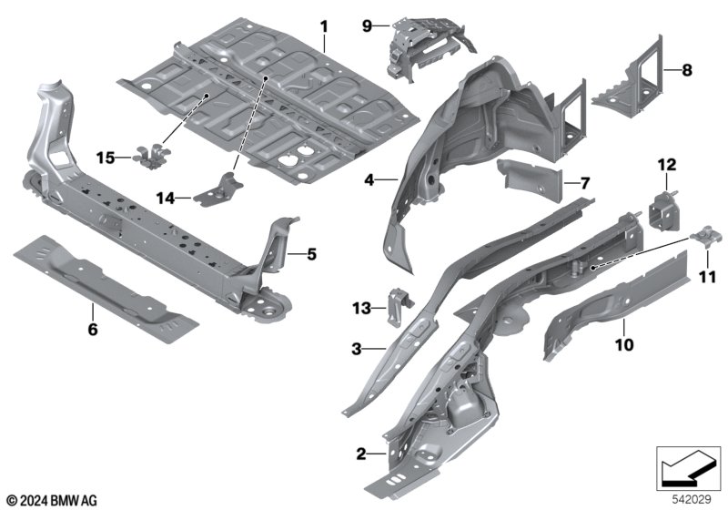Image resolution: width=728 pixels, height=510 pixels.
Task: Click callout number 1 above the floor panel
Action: (x=323, y=26)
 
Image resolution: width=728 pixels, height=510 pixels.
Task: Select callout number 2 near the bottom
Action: (x=361, y=453)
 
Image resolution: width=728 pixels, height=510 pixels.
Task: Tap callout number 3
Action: (x=358, y=348)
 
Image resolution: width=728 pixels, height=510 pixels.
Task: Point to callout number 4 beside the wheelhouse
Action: (x=369, y=180)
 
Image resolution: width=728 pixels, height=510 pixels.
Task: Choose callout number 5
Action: (x=310, y=254)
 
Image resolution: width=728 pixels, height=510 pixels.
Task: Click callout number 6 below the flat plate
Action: (x=91, y=330)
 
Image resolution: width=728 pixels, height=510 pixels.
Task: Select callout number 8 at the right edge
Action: (x=687, y=69)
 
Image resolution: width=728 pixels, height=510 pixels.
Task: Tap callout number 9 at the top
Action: (x=368, y=26)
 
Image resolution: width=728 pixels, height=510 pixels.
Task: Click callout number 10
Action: (x=623, y=345)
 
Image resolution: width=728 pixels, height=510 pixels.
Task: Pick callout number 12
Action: (x=667, y=165)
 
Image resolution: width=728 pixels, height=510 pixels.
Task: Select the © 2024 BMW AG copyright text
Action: (x=51, y=499)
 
